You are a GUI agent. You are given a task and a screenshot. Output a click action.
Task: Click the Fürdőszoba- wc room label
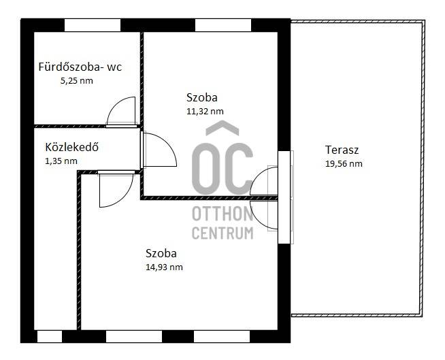[80, 67]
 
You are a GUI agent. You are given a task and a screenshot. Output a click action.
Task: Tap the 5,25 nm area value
[77, 81]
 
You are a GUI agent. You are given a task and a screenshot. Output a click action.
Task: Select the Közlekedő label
[72, 147]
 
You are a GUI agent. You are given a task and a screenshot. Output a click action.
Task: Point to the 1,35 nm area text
[61, 161]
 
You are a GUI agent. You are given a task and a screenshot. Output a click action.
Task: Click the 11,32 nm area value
[205, 112]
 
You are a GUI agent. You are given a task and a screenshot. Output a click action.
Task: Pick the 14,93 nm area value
[164, 267]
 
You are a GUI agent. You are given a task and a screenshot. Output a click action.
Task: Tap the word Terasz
[342, 150]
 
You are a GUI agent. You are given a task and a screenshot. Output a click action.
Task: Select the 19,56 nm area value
[344, 164]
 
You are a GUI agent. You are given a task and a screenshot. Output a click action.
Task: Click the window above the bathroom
[93, 25]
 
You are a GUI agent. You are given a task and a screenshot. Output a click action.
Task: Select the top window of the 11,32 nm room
[223, 25]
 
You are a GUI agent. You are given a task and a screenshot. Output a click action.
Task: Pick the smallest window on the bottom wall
[50, 336]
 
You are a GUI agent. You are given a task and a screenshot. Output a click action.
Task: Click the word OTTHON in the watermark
[222, 214]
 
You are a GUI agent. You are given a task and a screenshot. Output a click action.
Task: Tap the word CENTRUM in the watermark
[222, 233]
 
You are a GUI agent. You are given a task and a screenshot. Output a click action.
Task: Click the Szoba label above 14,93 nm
[161, 253]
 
